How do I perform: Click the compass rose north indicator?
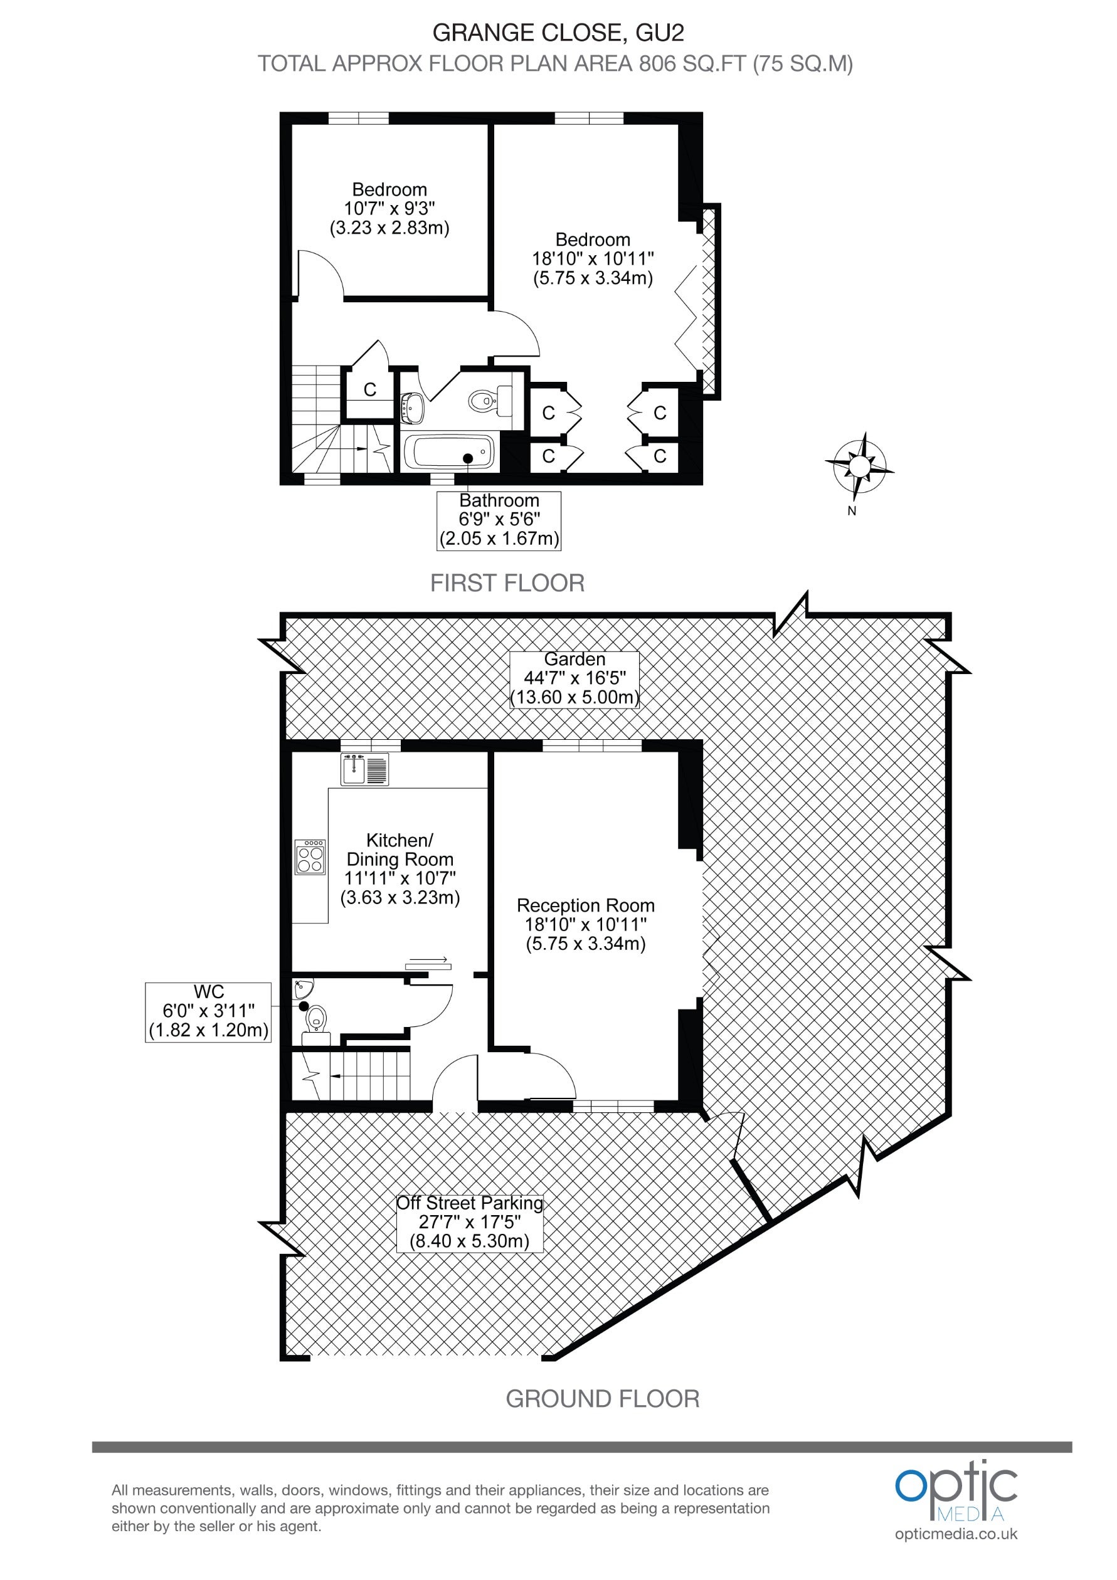[859, 466]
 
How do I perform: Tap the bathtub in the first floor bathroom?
[448, 452]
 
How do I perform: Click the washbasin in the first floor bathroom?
[412, 407]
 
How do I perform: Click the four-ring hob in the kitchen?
[310, 856]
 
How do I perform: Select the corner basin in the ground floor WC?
[303, 989]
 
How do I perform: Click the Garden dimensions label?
[574, 678]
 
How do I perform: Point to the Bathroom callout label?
[499, 520]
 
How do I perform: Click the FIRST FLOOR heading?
[507, 584]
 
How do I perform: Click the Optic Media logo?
[956, 1490]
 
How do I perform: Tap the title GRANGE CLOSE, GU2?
[558, 33]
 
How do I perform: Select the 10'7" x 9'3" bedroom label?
[389, 209]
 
